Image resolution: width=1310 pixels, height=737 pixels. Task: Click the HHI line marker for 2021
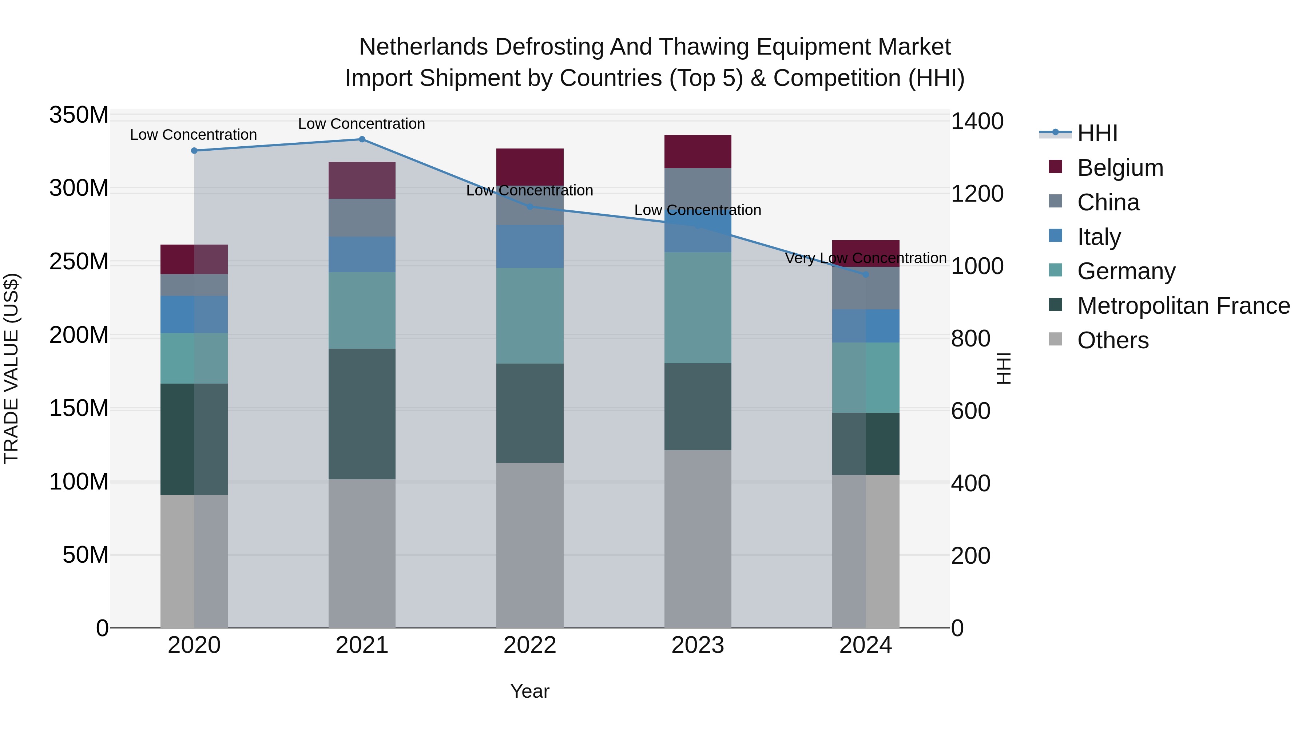pyautogui.click(x=362, y=139)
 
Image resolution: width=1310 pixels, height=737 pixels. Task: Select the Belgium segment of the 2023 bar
pyautogui.click(x=698, y=151)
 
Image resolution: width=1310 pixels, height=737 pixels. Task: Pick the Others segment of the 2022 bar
pyautogui.click(x=530, y=545)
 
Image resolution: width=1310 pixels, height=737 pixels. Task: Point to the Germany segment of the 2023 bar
pyautogui.click(x=698, y=308)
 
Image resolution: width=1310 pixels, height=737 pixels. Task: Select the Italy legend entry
pyautogui.click(x=1099, y=237)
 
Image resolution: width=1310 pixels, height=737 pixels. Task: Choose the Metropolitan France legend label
pyautogui.click(x=1183, y=306)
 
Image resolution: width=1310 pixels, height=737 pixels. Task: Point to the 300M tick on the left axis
pyautogui.click(x=79, y=189)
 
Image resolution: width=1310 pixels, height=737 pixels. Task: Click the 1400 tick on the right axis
pyautogui.click(x=977, y=122)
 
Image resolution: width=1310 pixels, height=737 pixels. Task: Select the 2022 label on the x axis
pyautogui.click(x=530, y=645)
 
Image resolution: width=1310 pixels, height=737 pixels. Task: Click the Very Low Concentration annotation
pyautogui.click(x=866, y=258)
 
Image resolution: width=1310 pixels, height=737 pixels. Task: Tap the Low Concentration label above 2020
pyautogui.click(x=193, y=135)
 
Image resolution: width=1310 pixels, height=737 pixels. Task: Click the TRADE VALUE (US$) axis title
pyautogui.click(x=11, y=368)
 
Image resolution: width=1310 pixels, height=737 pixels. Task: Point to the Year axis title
pyautogui.click(x=530, y=691)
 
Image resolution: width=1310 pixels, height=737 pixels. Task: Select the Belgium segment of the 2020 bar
pyautogui.click(x=194, y=259)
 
